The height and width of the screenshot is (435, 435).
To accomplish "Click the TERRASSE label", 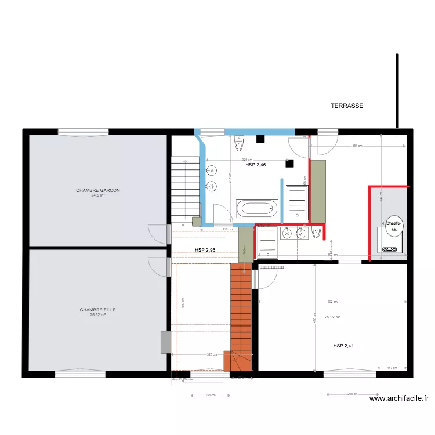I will coord(347,106).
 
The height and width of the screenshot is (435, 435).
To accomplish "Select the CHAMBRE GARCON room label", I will coord(97,190).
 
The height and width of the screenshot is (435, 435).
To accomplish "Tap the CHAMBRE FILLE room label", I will coord(97,310).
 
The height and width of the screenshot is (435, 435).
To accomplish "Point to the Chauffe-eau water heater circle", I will coord(393,226).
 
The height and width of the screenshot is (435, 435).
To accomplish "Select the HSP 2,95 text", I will coord(205,250).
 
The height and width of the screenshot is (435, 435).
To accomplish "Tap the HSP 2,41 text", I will coord(343,346).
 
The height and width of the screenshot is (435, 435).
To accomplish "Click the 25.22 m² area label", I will coord(332,317).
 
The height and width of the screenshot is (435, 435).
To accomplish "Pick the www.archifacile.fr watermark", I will coord(399,398).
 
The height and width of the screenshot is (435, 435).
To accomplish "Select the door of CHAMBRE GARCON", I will coord(157,233).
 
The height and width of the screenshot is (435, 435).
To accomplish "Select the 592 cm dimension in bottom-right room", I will coord(332,302).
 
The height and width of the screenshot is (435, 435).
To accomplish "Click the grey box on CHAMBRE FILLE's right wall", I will coord(165,342).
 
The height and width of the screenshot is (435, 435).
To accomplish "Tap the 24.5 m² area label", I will coord(97,195).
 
